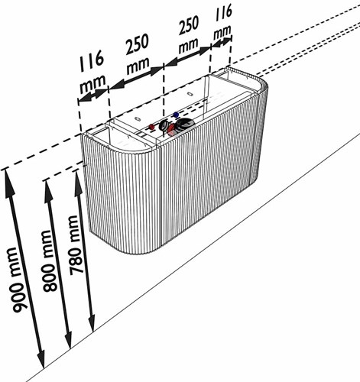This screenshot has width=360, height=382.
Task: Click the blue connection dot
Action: (x=176, y=115)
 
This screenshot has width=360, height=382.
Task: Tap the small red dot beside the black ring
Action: (x=151, y=127)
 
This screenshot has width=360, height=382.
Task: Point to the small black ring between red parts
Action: (x=163, y=125)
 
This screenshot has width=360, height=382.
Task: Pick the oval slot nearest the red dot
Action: (x=137, y=119)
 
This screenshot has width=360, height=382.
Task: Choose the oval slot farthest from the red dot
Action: (x=190, y=94)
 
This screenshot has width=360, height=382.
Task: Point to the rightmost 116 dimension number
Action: (x=223, y=13)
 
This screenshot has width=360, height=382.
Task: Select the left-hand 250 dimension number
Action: (x=137, y=44)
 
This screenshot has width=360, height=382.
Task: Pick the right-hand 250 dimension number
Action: (x=189, y=25)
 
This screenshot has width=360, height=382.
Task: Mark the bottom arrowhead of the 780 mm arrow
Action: (x=92, y=323)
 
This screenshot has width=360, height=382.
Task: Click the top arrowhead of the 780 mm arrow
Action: (x=78, y=182)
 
